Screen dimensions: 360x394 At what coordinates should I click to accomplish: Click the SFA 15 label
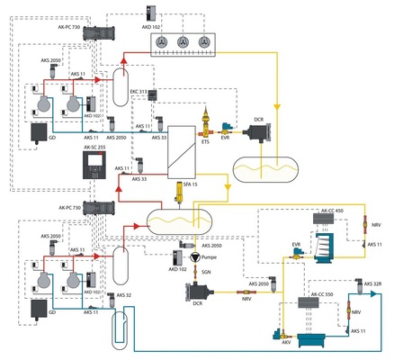tap(191, 184)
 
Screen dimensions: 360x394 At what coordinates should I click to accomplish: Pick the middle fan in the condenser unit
tap(184, 42)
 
